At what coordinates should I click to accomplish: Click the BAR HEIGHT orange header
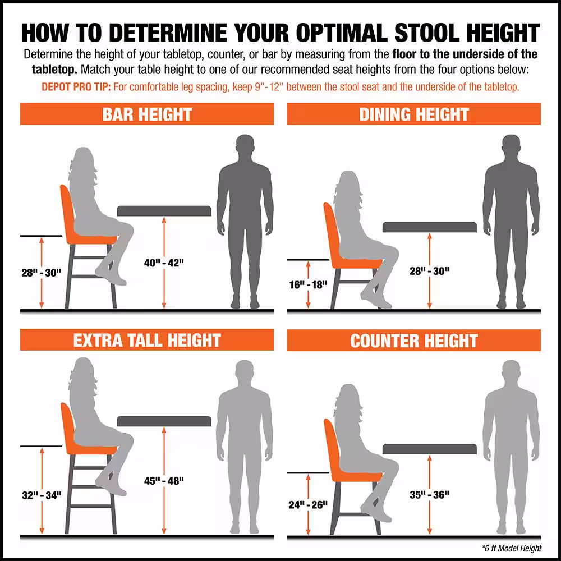(147, 114)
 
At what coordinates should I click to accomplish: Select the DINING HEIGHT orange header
(414, 114)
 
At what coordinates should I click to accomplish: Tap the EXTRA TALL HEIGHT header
(147, 340)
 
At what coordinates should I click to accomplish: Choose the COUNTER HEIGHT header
(414, 341)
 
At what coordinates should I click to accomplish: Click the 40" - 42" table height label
(164, 263)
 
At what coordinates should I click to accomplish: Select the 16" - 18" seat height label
(308, 284)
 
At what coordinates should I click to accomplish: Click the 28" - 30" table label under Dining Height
(429, 271)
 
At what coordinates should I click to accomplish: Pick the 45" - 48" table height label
(164, 480)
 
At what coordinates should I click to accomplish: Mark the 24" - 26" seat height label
(308, 504)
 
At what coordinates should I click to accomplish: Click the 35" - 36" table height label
(429, 494)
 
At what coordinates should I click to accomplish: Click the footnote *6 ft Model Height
(511, 548)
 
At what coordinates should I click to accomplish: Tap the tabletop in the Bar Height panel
(164, 211)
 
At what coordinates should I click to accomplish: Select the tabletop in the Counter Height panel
(429, 449)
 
